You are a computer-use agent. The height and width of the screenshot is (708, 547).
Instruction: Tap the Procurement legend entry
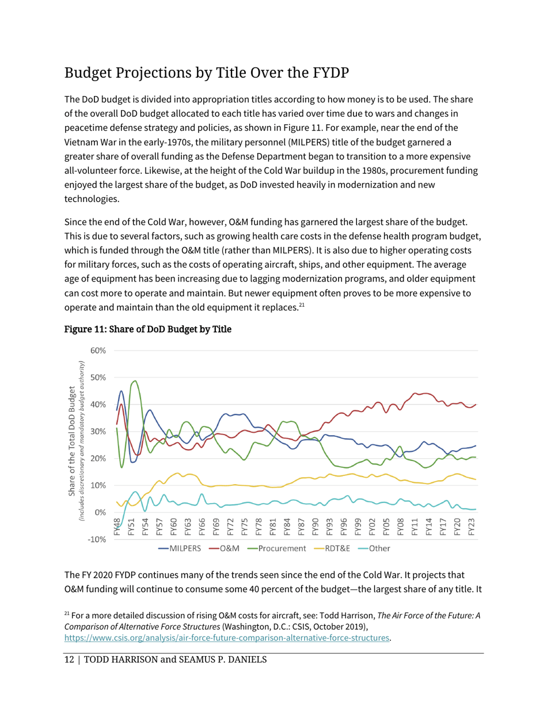(x=282, y=549)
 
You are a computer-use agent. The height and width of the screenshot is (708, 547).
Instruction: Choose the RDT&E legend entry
(x=339, y=549)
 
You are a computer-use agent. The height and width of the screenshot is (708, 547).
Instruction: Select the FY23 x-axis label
(x=471, y=527)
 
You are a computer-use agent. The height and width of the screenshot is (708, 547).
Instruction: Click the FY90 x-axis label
(x=315, y=527)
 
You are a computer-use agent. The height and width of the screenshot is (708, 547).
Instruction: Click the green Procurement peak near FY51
(x=135, y=381)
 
